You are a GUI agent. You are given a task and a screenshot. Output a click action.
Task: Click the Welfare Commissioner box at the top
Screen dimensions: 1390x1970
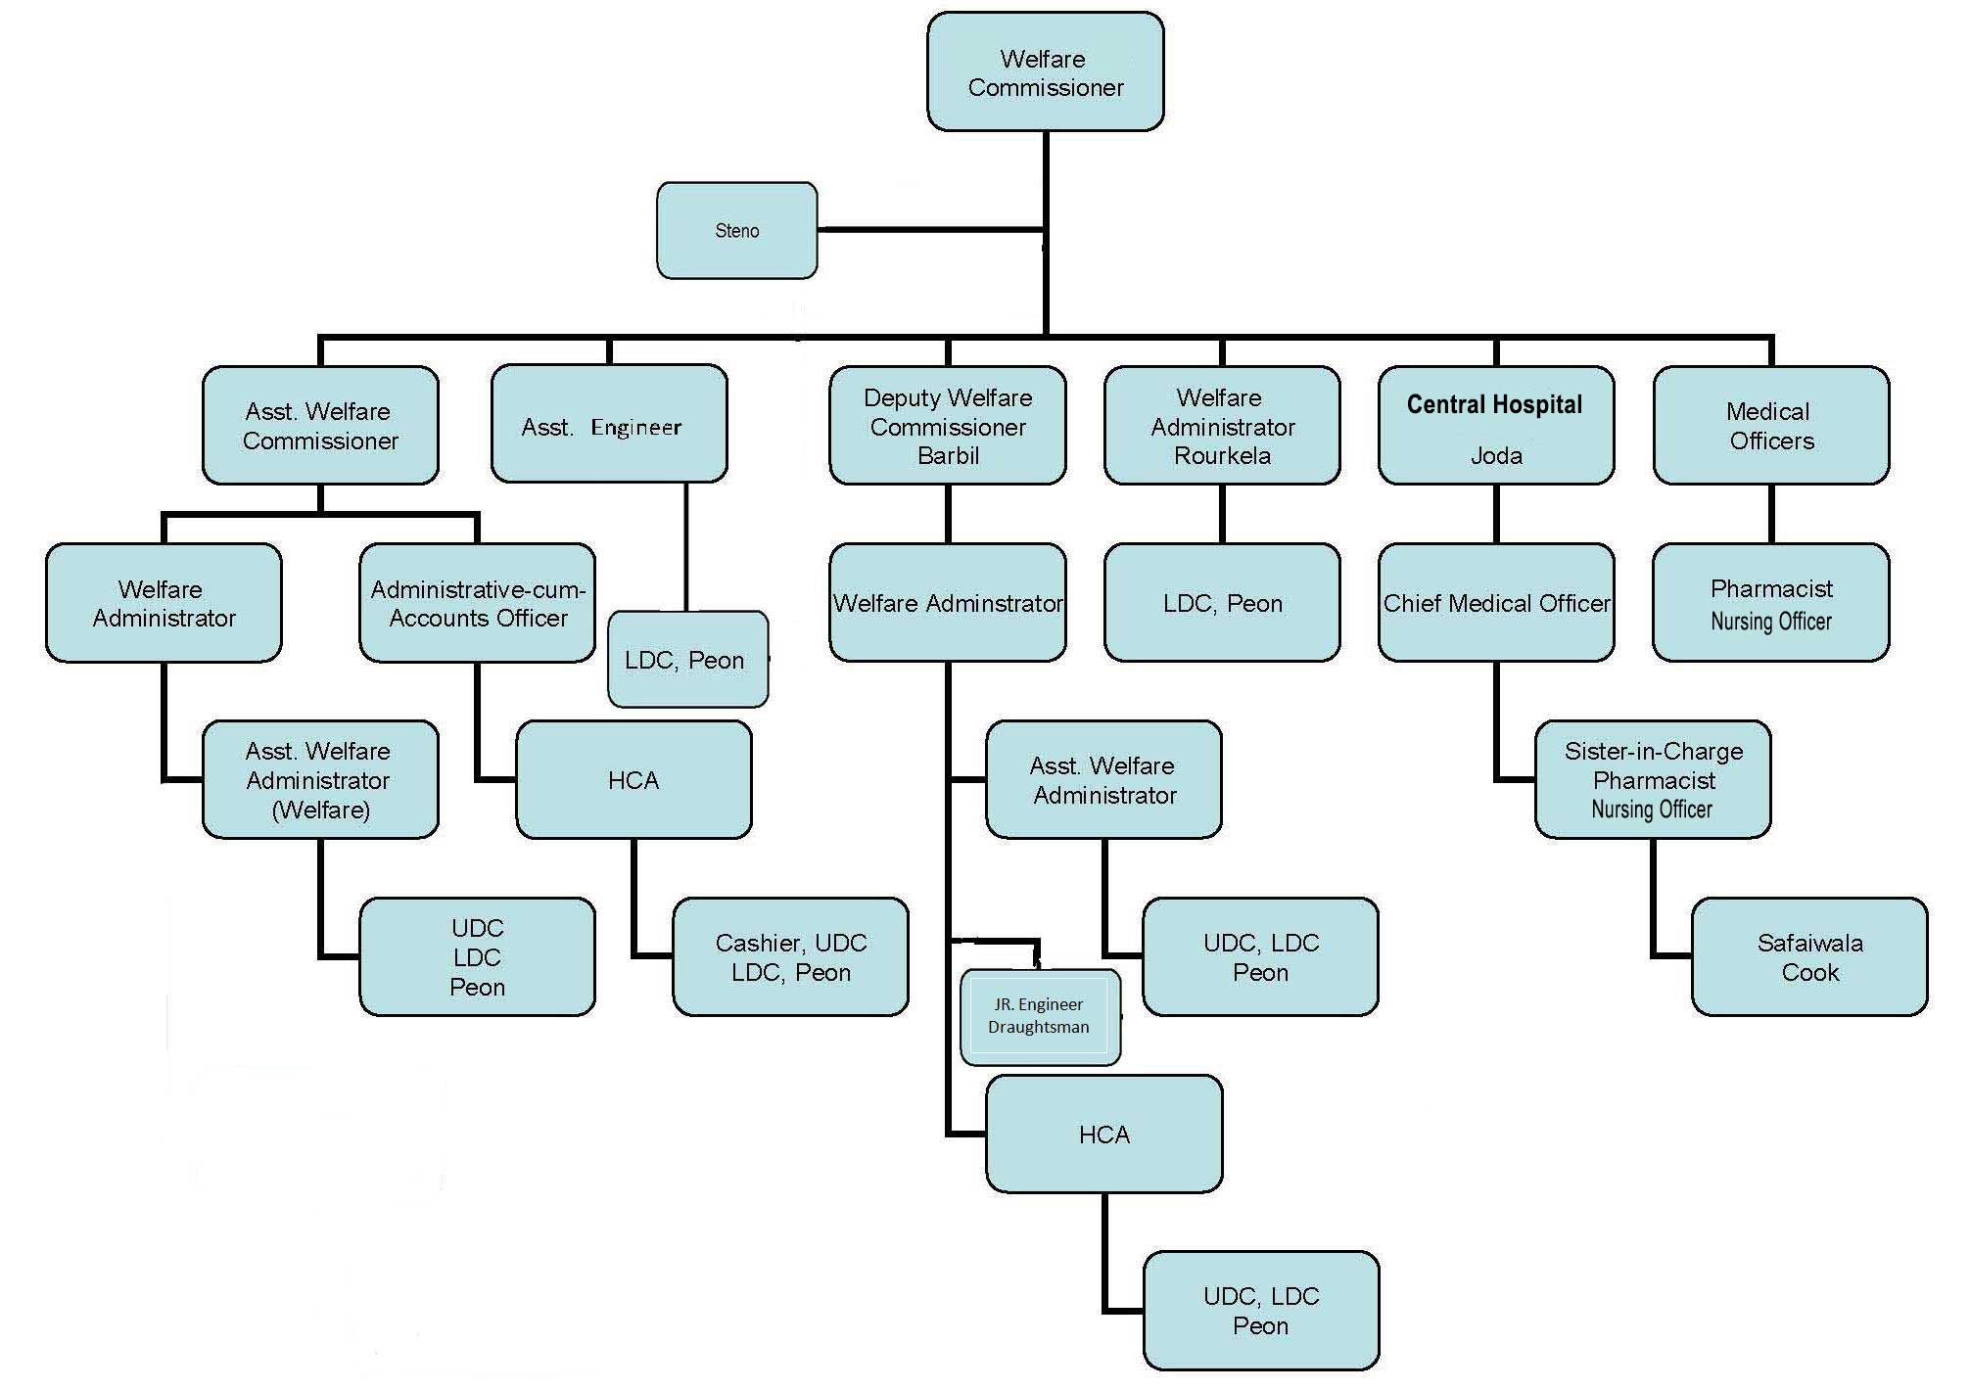pos(1045,72)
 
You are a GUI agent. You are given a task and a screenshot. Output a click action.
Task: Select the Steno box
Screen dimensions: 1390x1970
pos(736,231)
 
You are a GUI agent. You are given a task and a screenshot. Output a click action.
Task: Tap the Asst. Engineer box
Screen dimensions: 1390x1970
pos(608,425)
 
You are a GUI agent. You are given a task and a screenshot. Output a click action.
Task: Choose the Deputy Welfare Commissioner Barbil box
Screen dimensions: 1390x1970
pos(947,425)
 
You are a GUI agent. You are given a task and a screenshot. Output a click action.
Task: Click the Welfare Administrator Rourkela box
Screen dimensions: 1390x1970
pos(1221,425)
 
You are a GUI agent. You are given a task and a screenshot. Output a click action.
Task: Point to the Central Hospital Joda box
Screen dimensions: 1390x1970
pos(1495,425)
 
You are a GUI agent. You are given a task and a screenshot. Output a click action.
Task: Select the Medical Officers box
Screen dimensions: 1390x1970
pos(1770,425)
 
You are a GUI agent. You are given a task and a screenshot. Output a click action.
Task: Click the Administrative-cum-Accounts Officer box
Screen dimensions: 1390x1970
pos(477,603)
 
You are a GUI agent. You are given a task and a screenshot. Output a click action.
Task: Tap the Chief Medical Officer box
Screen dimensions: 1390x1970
pos(1495,603)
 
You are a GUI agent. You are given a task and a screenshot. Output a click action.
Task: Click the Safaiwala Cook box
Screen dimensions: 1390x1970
pos(1808,957)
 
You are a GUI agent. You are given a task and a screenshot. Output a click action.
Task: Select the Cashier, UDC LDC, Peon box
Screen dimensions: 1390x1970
pos(790,957)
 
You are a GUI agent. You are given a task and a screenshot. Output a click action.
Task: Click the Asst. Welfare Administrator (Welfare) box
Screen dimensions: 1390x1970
pos(319,780)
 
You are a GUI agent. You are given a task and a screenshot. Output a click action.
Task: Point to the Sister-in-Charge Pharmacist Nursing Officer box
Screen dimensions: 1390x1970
pos(1652,780)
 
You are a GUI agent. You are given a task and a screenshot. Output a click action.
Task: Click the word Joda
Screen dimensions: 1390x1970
pos(1496,455)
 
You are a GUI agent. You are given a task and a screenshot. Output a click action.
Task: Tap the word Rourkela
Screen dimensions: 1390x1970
pos(1222,455)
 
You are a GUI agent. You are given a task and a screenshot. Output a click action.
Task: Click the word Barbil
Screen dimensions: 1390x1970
pos(948,455)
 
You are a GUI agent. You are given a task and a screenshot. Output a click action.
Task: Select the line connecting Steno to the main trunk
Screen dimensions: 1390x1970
pos(930,230)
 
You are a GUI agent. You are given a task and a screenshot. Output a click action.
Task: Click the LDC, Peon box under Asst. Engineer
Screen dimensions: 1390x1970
pos(686,660)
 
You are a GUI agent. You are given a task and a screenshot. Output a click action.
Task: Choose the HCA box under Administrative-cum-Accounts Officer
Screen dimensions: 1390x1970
pos(633,780)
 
